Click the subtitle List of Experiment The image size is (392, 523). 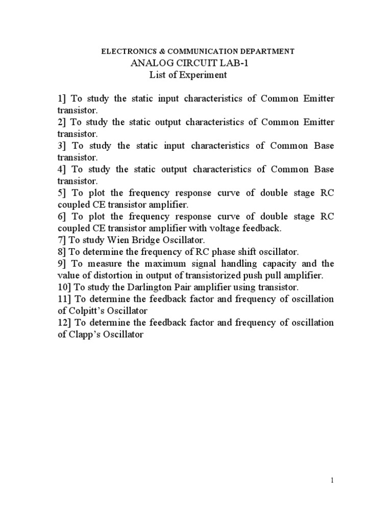187,75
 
